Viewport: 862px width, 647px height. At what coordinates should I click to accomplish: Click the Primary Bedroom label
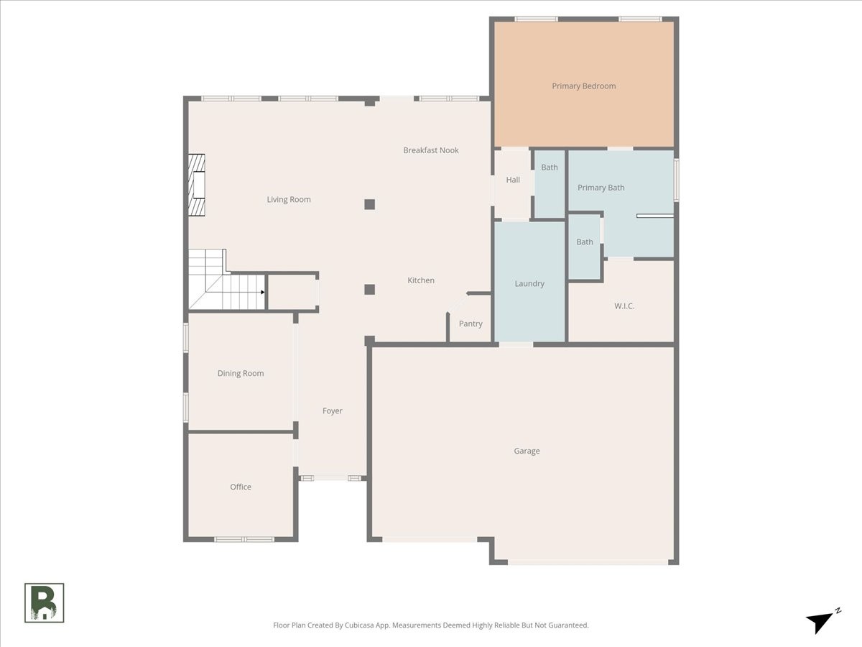583,86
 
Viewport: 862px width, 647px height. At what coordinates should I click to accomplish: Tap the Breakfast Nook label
431,150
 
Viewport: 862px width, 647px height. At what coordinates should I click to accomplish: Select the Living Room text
289,200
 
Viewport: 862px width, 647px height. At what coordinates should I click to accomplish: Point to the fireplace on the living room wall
197,185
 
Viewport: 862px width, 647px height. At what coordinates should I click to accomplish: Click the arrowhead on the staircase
263,292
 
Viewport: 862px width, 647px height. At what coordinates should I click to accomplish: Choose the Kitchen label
421,280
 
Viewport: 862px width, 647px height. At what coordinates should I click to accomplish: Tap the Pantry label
471,323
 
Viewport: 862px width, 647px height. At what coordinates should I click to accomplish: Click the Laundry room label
529,284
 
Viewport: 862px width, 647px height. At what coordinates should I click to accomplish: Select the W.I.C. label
624,306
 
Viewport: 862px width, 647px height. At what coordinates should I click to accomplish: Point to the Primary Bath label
601,188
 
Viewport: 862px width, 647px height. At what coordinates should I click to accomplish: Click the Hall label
513,180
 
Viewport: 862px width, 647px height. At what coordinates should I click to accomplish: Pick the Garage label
527,451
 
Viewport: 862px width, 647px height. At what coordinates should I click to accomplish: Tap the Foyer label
333,411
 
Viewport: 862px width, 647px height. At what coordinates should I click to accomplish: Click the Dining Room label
241,373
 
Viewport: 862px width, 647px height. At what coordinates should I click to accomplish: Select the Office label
241,487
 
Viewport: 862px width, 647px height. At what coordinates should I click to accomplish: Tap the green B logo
45,603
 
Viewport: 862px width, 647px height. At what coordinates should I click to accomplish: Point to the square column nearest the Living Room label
369,204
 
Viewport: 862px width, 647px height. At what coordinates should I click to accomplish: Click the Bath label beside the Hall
550,168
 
